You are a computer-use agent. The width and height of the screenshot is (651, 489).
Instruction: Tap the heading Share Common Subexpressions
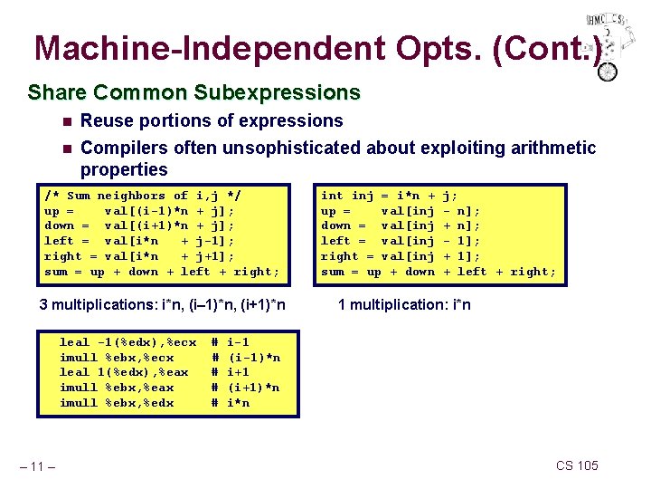pyautogui.click(x=193, y=92)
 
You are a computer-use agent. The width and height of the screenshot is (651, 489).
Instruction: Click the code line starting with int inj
pyautogui.click(x=389, y=195)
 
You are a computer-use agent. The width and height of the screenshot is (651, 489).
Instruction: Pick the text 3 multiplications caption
pyautogui.click(x=163, y=305)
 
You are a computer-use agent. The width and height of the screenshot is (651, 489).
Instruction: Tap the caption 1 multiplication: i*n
pyautogui.click(x=403, y=305)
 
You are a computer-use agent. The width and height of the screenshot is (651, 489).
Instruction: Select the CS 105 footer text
pyautogui.click(x=577, y=465)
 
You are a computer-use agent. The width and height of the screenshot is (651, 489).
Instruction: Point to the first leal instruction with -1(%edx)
pyautogui.click(x=127, y=342)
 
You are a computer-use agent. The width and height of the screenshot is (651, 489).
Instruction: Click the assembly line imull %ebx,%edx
pyautogui.click(x=117, y=403)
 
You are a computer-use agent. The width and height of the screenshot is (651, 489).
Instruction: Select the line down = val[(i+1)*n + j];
pyautogui.click(x=139, y=225)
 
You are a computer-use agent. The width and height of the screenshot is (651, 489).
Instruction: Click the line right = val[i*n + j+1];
pyautogui.click(x=139, y=256)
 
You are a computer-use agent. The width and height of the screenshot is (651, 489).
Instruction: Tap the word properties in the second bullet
pyautogui.click(x=124, y=170)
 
